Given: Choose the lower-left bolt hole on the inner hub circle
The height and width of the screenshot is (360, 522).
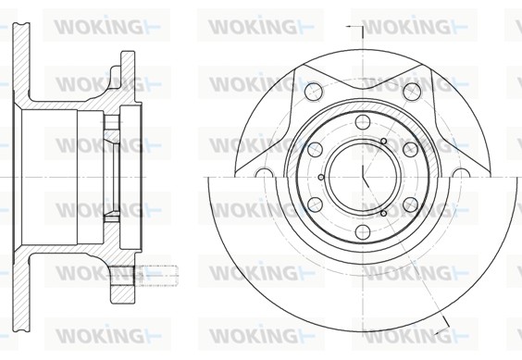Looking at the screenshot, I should tap(316, 204).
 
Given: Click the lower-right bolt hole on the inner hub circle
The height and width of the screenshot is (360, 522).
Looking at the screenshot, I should tap(408, 204).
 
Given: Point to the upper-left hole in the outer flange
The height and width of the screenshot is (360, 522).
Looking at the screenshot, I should tap(313, 91).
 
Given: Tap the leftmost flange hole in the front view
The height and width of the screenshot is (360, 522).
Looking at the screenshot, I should tap(263, 176).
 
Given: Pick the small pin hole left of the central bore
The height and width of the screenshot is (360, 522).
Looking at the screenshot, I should tap(321, 177).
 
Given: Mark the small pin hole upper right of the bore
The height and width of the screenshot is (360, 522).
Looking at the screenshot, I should tap(383, 142).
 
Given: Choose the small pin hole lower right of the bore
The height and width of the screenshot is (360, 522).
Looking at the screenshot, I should tap(383, 212).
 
